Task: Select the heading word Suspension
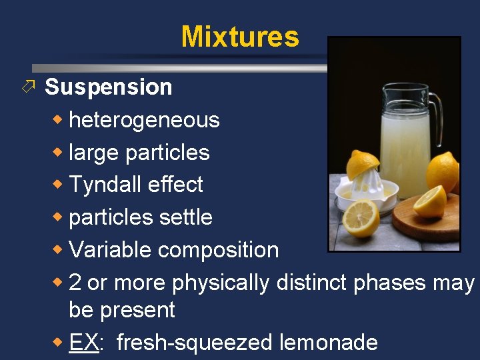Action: pos(108,87)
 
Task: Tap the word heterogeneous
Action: pos(144,120)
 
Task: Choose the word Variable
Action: pos(111,250)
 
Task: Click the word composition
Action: pos(218,250)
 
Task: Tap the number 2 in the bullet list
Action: pos(75,283)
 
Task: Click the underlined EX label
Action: pos(84,343)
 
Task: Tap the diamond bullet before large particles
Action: pos(60,153)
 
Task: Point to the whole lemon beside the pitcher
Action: pos(443,171)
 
